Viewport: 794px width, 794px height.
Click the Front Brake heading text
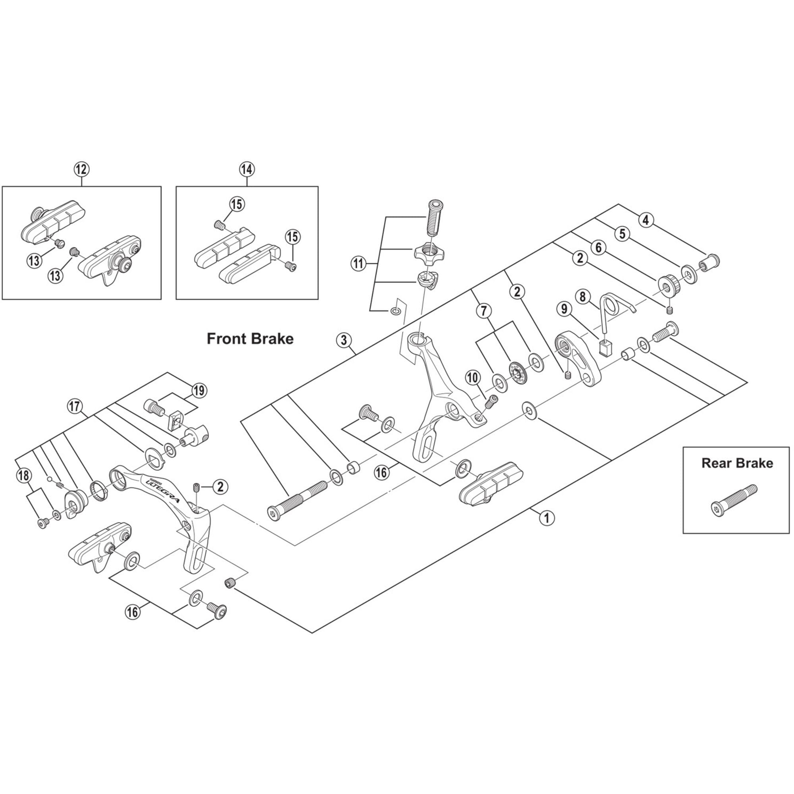[x=250, y=339]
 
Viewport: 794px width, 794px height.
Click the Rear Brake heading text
[x=737, y=463]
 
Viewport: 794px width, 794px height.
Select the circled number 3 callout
[x=344, y=340]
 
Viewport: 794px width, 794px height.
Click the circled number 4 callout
[x=646, y=220]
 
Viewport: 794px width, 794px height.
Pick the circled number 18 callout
[x=23, y=476]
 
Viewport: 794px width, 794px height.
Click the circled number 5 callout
[x=622, y=234]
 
